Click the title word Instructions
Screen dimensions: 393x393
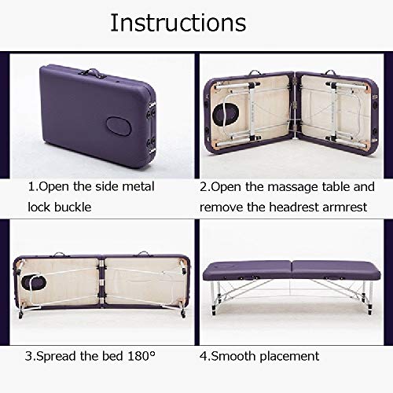coord(178,23)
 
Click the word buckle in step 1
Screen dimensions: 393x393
coord(72,207)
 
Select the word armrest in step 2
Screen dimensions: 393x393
coord(345,208)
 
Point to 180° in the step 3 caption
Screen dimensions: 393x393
coord(141,356)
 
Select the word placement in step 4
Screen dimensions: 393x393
coord(289,357)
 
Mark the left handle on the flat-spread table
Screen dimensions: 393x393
coord(58,254)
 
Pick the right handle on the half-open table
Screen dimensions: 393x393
coord(331,72)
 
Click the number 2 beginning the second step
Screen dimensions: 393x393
coord(204,187)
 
